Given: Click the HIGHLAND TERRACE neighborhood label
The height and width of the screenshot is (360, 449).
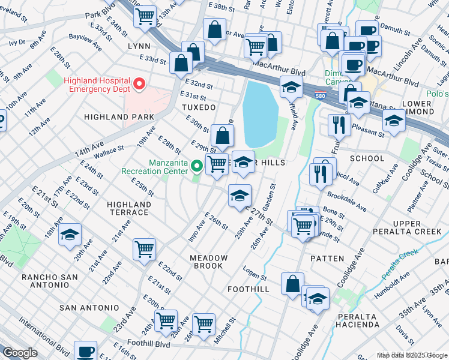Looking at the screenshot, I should coord(128,208).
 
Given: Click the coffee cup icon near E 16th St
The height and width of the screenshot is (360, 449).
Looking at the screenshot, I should coord(85,351).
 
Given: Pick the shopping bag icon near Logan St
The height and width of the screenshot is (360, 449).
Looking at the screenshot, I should coord(292,284).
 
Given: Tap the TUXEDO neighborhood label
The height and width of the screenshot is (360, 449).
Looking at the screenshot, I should coord(198,107).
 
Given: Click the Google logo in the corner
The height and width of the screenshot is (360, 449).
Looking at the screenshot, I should coord(20,353).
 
